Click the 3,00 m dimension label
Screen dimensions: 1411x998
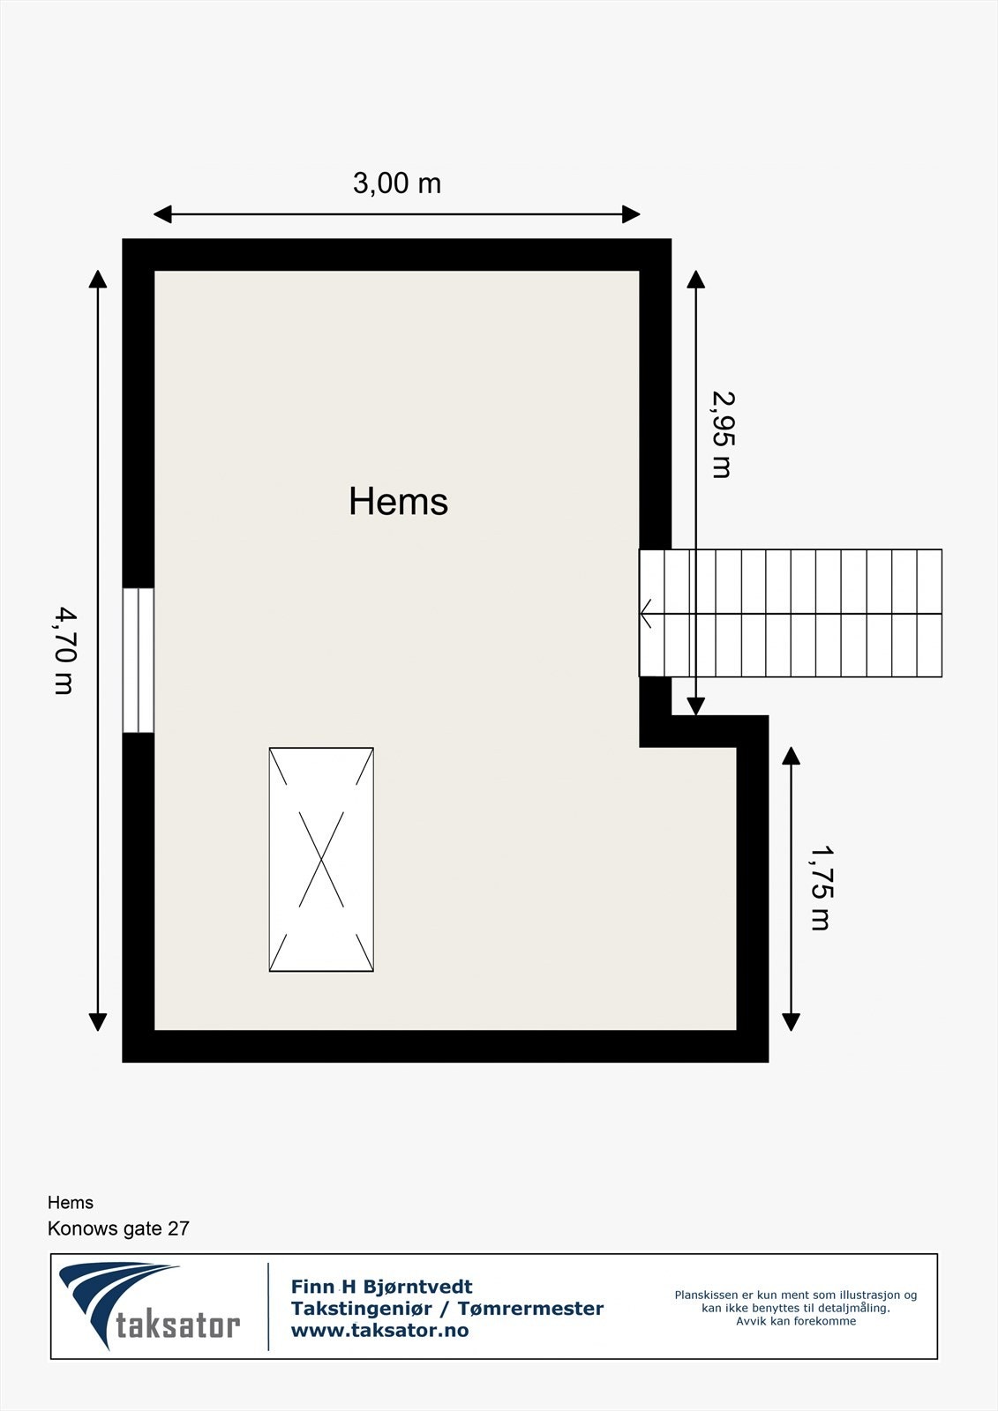(x=397, y=183)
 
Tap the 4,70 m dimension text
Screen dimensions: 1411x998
(x=64, y=650)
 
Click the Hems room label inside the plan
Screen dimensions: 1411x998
(x=398, y=502)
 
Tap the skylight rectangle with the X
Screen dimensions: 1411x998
(x=321, y=860)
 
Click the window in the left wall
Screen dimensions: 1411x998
(x=139, y=661)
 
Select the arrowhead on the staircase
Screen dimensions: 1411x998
(x=646, y=613)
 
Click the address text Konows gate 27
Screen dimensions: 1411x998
(x=118, y=1228)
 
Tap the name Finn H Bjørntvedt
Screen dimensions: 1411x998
(x=381, y=1288)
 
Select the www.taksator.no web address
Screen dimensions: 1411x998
(x=379, y=1331)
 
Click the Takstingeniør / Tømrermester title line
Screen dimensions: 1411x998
(x=447, y=1309)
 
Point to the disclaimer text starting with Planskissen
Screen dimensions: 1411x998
(x=796, y=1308)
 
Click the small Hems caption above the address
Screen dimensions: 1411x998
(x=71, y=1203)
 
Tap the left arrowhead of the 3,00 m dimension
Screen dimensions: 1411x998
(x=162, y=214)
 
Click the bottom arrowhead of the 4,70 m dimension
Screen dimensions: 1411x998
(x=98, y=1022)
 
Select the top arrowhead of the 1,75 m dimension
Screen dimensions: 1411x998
(x=791, y=756)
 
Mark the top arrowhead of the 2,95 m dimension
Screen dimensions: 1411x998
(x=696, y=280)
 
